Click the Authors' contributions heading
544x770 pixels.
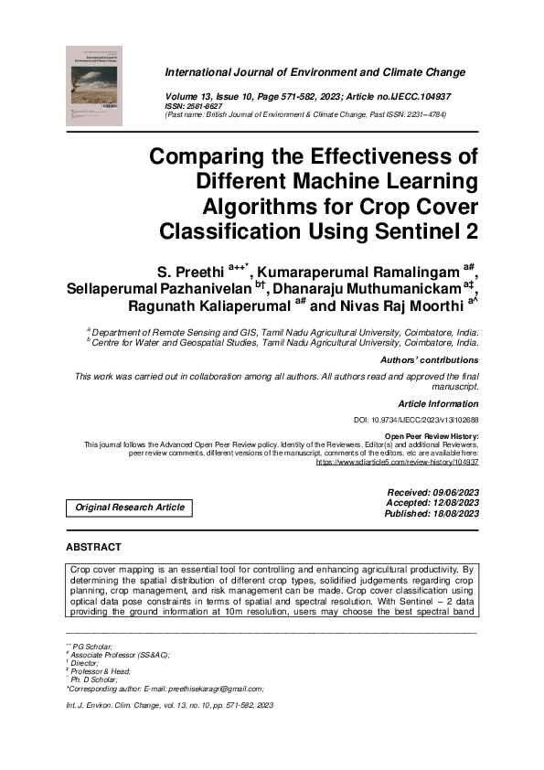(430, 360)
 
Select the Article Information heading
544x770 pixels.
(438, 403)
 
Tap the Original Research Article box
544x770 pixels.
(129, 508)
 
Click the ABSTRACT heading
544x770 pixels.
(93, 547)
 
